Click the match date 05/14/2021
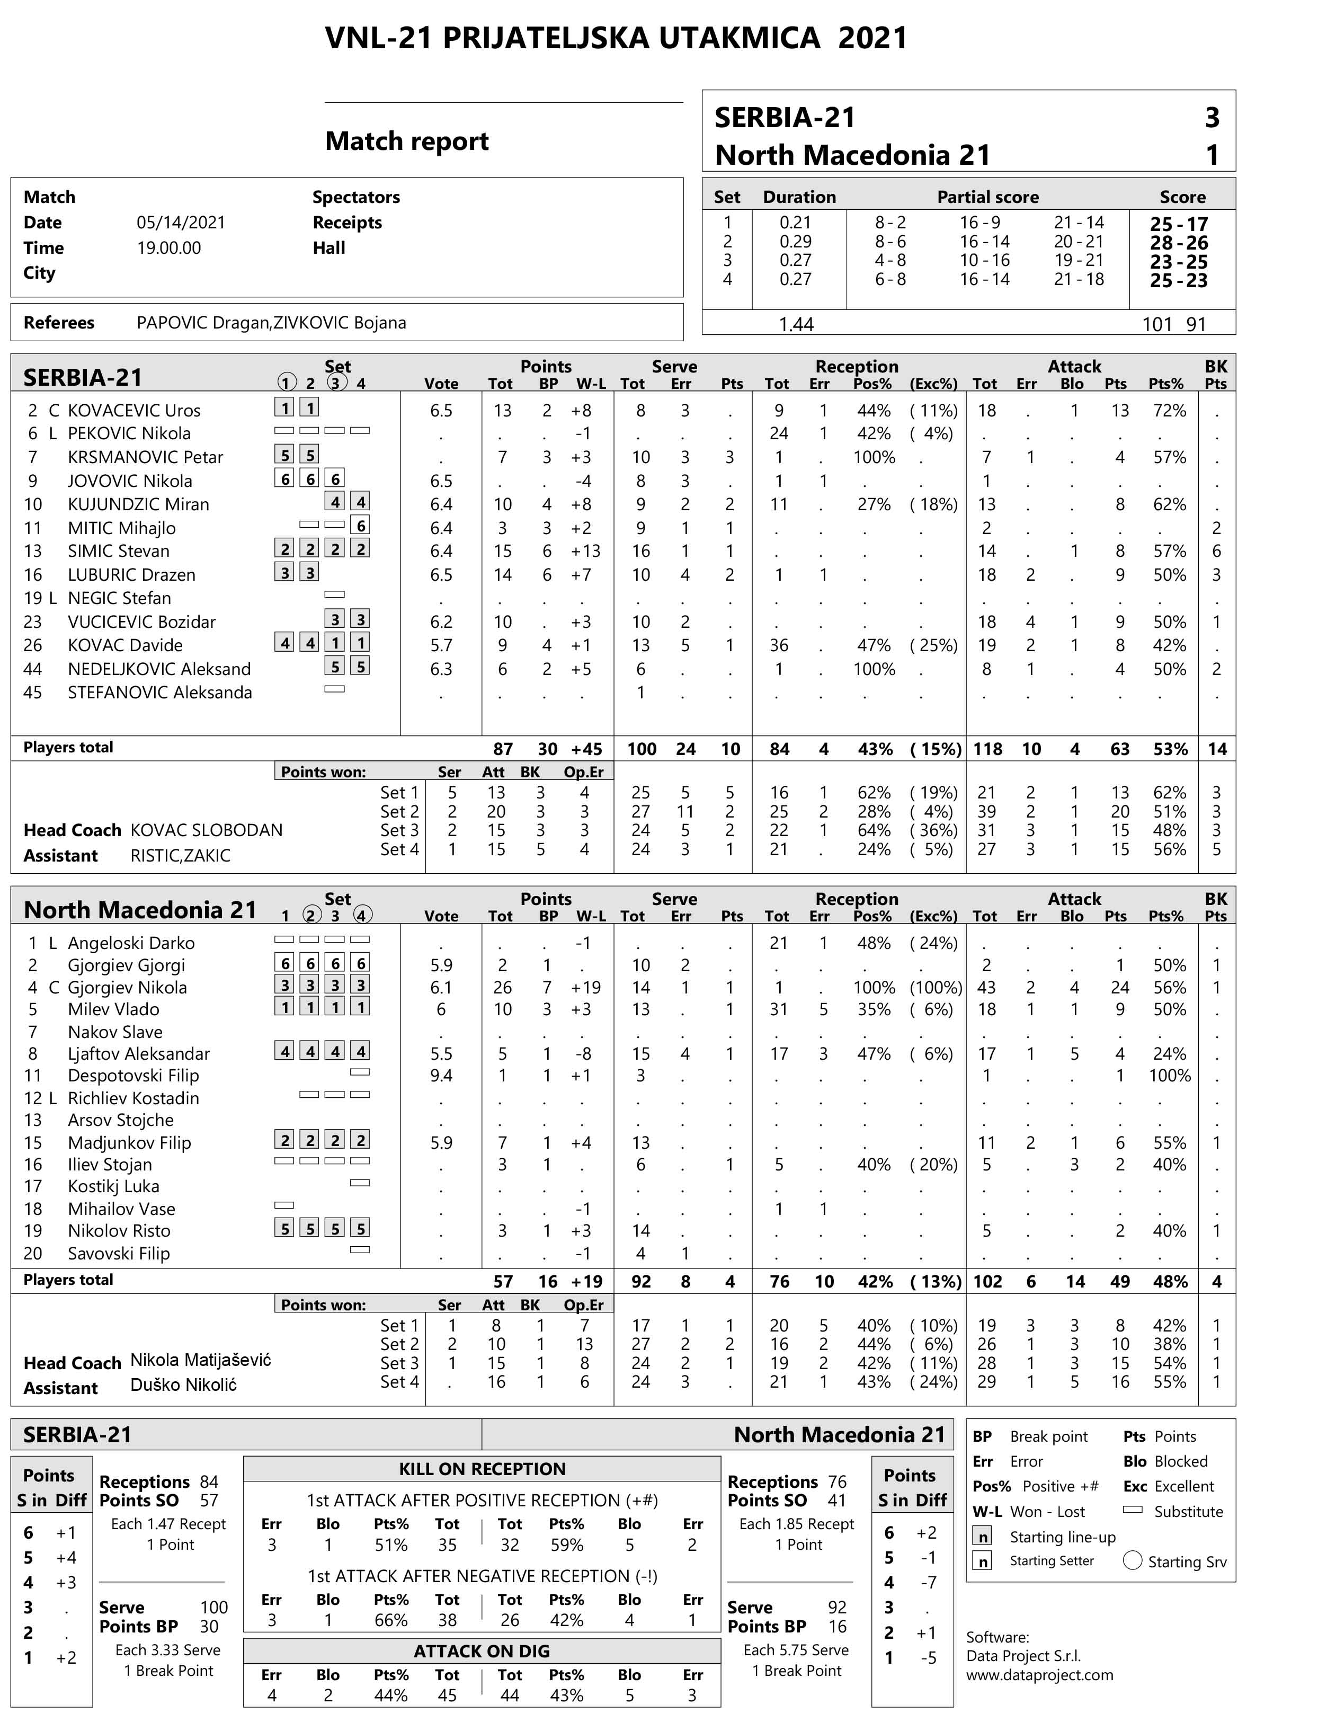pos(180,223)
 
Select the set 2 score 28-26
pos(1179,243)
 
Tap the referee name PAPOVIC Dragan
pos(202,322)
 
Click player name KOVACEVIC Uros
pos(133,410)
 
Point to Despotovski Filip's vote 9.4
pos(441,1076)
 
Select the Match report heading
pos(406,141)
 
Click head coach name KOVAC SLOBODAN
pos(206,830)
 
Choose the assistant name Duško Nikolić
pos(183,1384)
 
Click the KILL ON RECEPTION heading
pos(482,1469)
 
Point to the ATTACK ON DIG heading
pos(482,1651)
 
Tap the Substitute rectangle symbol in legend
pos(1132,1509)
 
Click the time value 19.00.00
pos(168,248)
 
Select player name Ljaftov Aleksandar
pos(139,1053)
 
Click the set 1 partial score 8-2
pos(890,223)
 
